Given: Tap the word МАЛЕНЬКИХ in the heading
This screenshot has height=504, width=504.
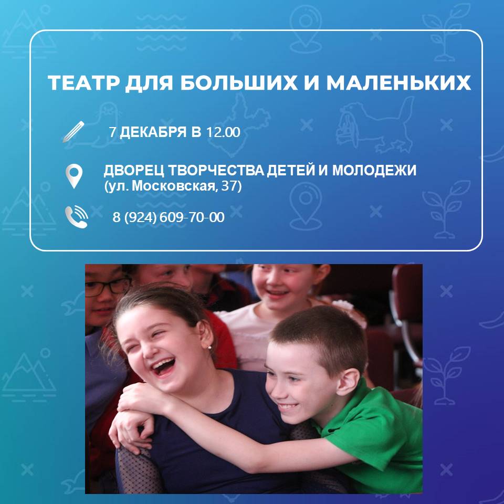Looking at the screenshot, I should (x=398, y=83).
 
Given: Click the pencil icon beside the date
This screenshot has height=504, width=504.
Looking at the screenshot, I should (x=73, y=131).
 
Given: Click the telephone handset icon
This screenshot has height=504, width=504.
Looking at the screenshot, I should (x=76, y=217).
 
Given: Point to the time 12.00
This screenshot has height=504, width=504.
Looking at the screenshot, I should (x=223, y=132).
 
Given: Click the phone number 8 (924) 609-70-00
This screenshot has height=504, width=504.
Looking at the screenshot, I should (x=169, y=217).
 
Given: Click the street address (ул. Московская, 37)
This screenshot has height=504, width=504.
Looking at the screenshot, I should (x=173, y=186).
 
